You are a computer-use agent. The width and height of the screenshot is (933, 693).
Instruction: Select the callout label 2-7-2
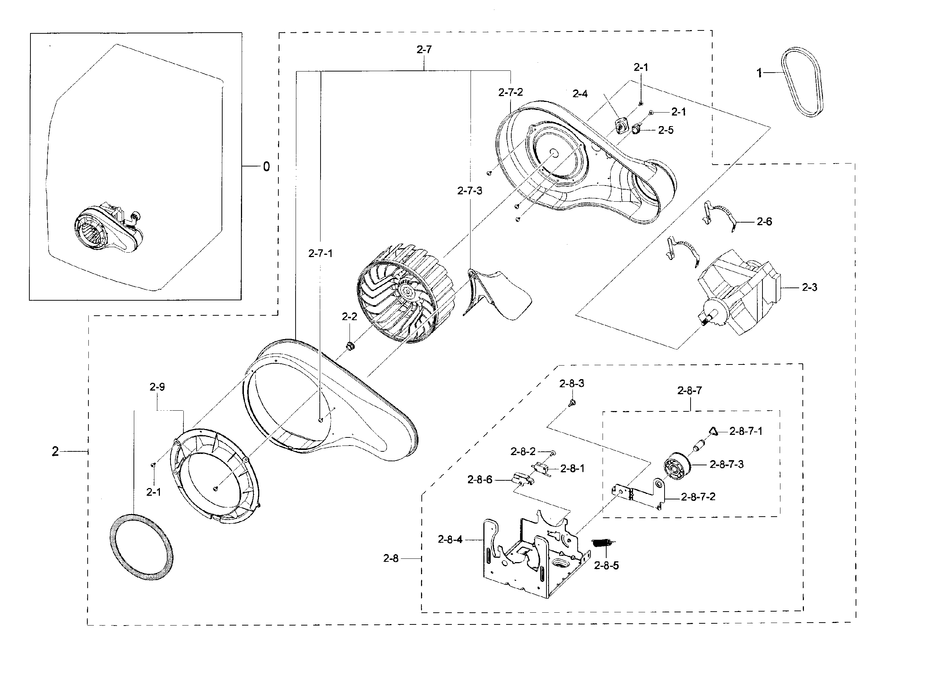[x=511, y=93]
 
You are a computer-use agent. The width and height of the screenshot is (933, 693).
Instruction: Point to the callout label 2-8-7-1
[x=746, y=431]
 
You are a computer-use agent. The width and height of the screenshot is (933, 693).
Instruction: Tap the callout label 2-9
[x=157, y=387]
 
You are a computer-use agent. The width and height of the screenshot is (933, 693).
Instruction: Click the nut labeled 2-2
[x=350, y=346]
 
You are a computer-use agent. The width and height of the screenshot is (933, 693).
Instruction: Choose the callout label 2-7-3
[x=469, y=191]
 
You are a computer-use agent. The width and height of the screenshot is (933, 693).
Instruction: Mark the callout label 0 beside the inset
[x=266, y=167]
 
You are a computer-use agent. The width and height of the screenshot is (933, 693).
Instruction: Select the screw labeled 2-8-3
[x=572, y=403]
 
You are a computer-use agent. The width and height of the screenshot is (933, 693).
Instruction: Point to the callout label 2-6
[x=764, y=221]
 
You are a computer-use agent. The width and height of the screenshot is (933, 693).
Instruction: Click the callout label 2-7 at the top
[x=424, y=49]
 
